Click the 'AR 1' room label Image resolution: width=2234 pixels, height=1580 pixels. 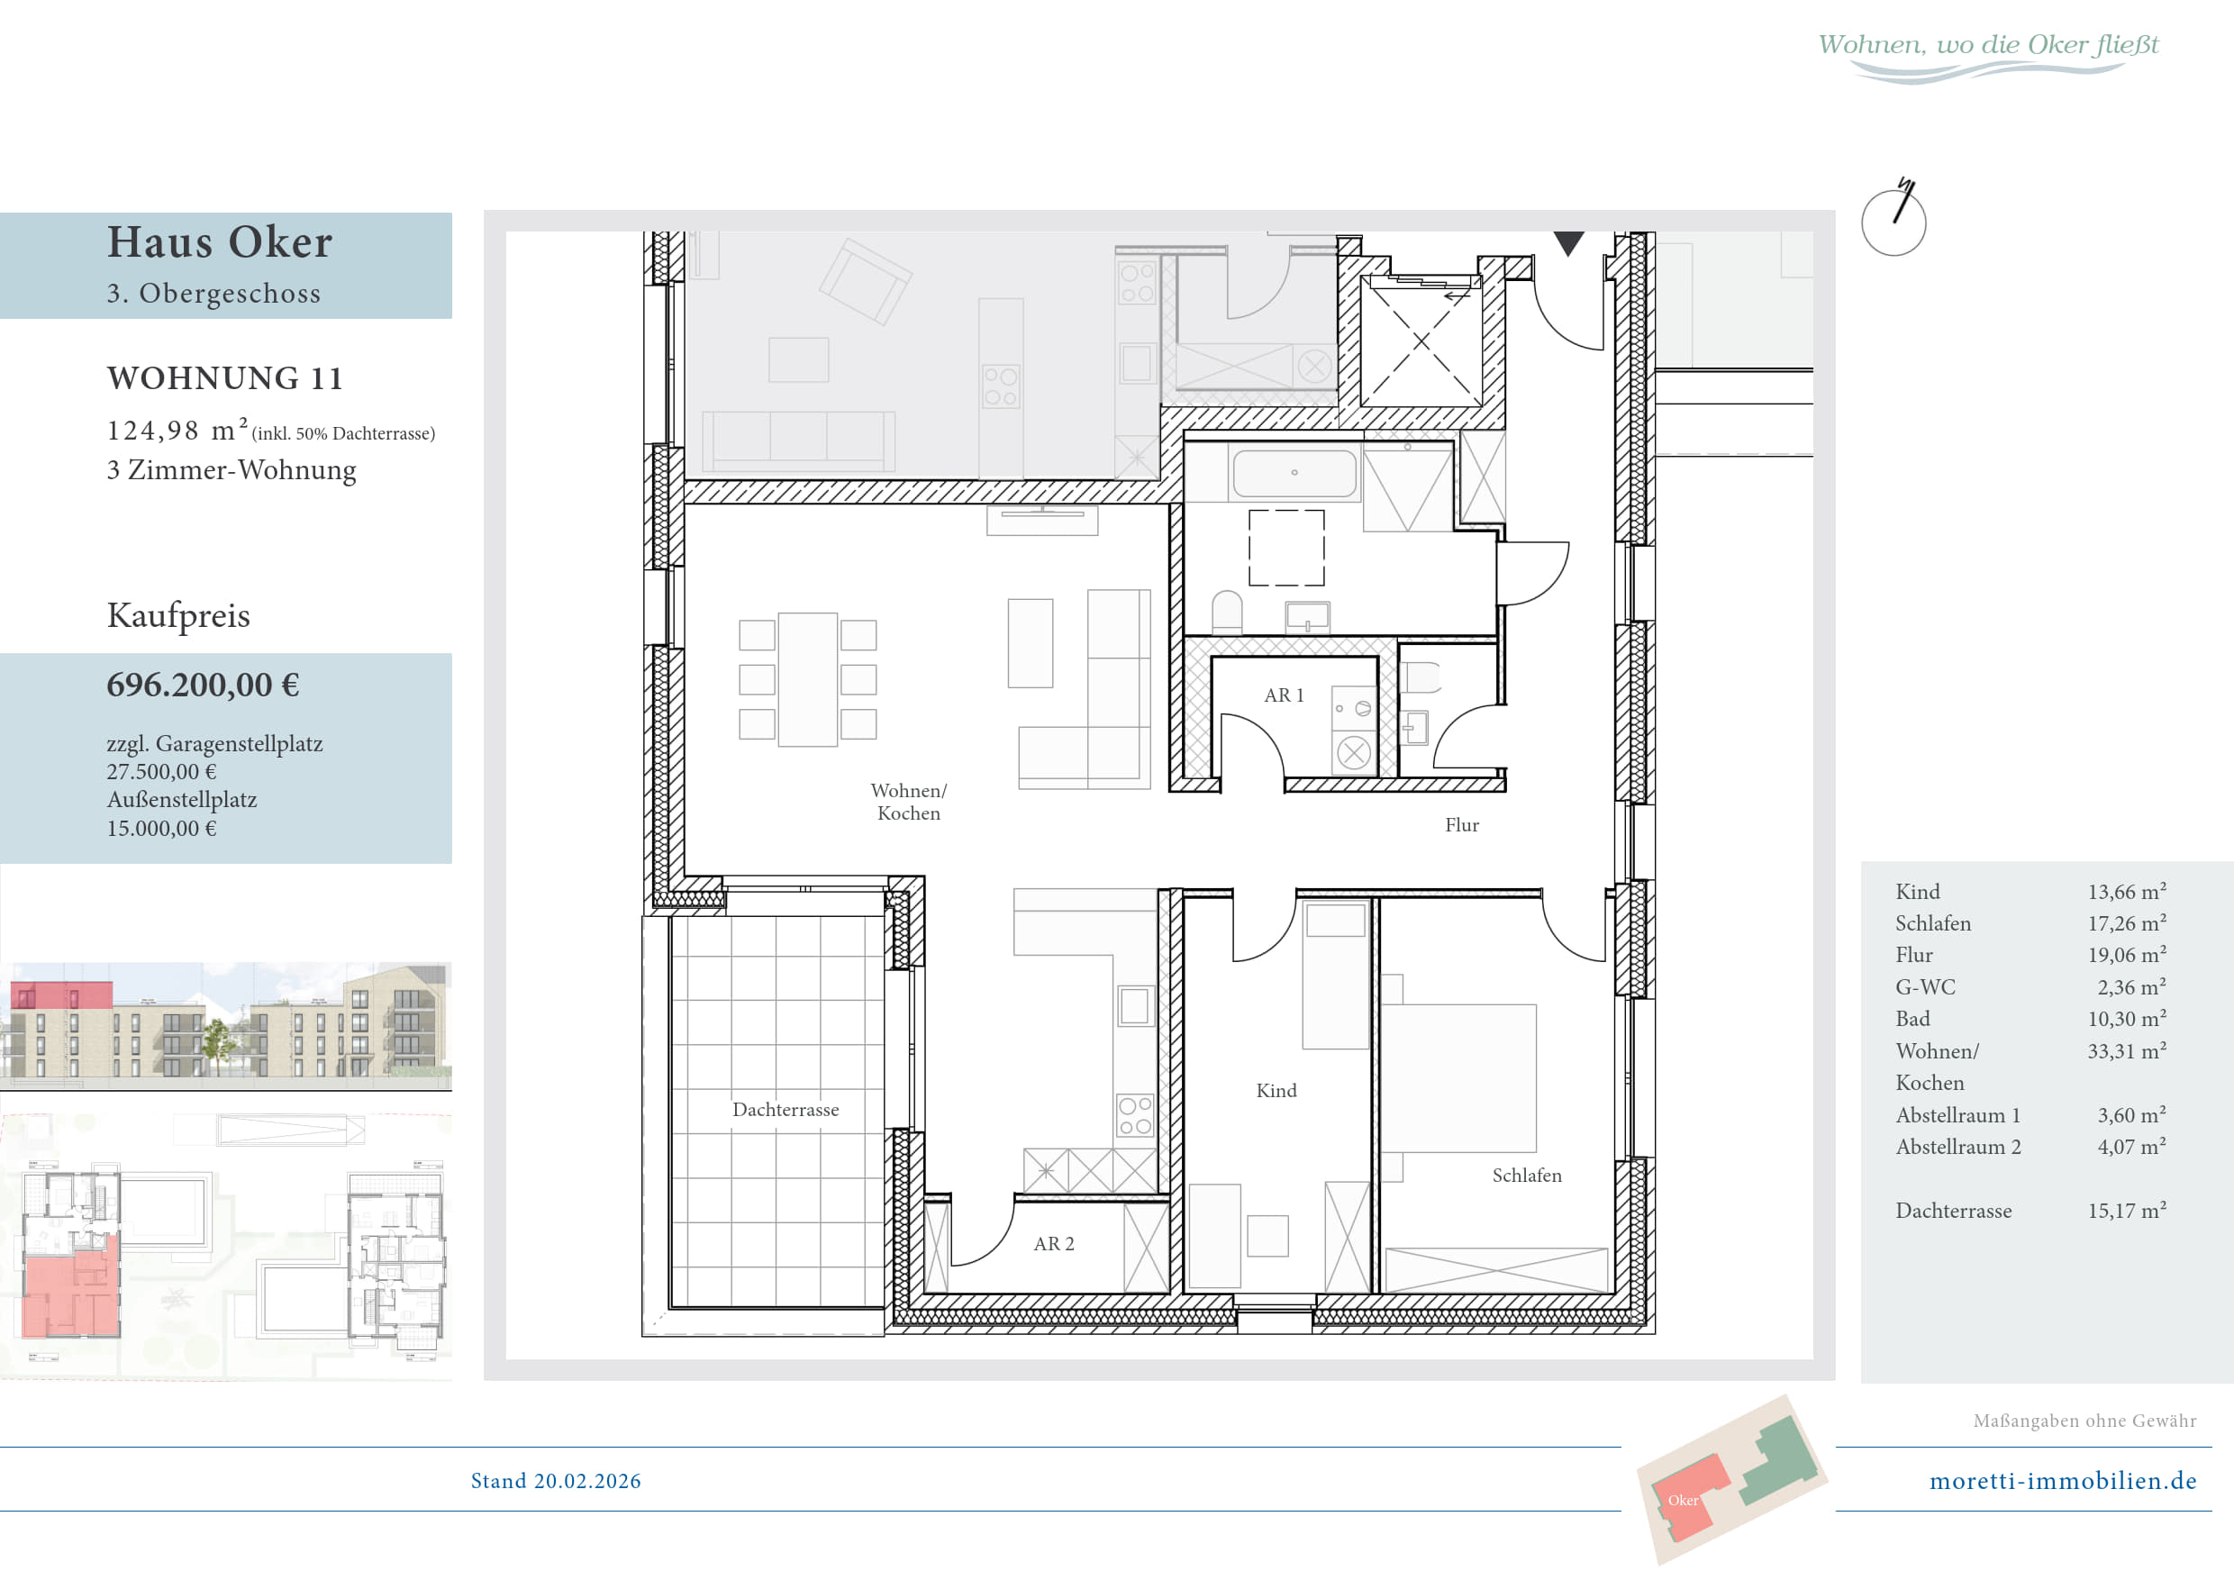[1284, 695]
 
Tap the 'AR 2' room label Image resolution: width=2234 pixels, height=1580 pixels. [1054, 1244]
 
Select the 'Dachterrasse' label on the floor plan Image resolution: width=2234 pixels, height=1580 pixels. [786, 1110]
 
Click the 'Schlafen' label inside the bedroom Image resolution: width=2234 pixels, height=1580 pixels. [1527, 1176]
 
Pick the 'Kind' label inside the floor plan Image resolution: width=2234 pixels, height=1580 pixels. [1276, 1092]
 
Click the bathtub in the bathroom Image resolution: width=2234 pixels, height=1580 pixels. [1294, 474]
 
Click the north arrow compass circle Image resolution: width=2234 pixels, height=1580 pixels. [1893, 222]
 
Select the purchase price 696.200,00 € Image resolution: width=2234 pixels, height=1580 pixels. [204, 685]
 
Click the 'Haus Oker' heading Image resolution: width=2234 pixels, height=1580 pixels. [220, 242]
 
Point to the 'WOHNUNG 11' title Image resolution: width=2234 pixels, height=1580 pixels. [225, 378]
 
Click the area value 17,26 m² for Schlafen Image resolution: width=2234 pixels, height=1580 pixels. [2127, 923]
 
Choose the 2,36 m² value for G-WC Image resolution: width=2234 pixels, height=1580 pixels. [2132, 987]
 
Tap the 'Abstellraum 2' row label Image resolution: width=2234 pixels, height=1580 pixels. [1957, 1147]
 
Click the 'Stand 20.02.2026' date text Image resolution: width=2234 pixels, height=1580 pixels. [556, 1481]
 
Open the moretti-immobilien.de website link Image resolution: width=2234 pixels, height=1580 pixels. [2063, 1481]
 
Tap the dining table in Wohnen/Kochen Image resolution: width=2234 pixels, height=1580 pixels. [808, 680]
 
